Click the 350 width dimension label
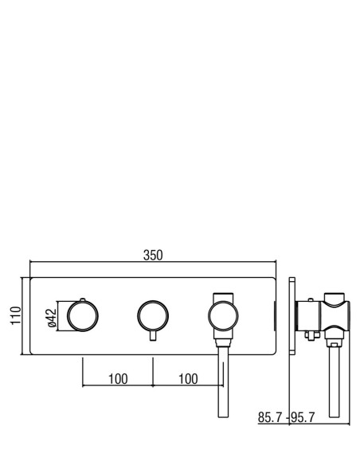pyautogui.click(x=153, y=256)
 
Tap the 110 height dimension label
pyautogui.click(x=16, y=315)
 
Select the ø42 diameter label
pyautogui.click(x=52, y=318)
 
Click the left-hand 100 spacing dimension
pyautogui.click(x=118, y=379)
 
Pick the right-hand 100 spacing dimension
pyautogui.click(x=188, y=379)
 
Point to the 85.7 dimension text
pyautogui.click(x=270, y=417)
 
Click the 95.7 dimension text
pyautogui.click(x=302, y=417)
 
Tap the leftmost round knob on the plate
pyautogui.click(x=83, y=316)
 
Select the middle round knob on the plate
pyautogui.click(x=153, y=315)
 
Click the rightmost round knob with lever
pyautogui.click(x=223, y=316)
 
